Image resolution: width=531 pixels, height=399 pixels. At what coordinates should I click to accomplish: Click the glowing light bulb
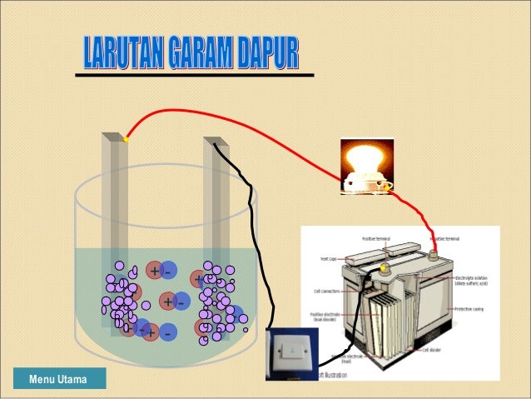point(364,162)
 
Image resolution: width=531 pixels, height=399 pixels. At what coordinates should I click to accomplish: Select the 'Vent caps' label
point(329,259)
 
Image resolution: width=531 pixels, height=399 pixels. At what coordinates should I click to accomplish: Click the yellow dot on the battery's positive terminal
point(385,268)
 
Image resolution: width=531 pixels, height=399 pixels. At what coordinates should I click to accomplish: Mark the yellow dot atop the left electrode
point(126,139)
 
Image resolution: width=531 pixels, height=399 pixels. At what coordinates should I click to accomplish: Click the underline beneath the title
point(195,75)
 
